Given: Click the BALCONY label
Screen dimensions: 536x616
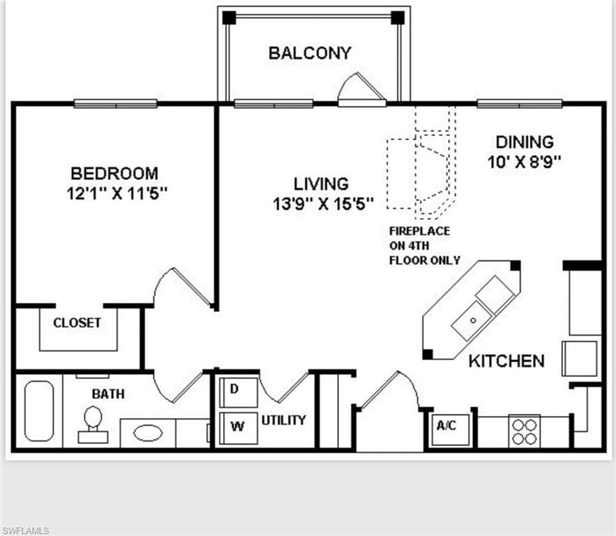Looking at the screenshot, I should [x=310, y=53].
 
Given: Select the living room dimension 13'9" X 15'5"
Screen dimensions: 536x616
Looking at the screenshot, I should [x=322, y=204].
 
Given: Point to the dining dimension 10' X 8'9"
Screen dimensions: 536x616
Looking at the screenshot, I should [x=524, y=162].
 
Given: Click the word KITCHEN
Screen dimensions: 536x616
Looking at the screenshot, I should [x=506, y=361].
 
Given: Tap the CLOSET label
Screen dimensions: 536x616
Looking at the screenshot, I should [x=77, y=323].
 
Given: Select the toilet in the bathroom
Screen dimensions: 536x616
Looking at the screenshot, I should [x=93, y=424].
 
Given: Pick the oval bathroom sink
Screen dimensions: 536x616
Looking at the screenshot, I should [x=148, y=433].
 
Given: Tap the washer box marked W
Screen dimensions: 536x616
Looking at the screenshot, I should [x=237, y=427].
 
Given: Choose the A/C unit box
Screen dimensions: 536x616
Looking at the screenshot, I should [x=446, y=426].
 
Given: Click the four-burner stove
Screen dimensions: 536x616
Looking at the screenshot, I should [x=524, y=431].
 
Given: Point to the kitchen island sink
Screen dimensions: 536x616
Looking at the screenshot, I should [x=472, y=320].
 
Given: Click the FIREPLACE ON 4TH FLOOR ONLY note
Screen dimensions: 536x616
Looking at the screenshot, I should [x=424, y=246].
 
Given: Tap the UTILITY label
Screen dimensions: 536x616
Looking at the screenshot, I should [x=284, y=420].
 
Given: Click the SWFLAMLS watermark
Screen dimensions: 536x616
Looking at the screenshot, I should [x=26, y=530].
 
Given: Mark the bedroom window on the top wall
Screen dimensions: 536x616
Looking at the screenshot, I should [x=116, y=104].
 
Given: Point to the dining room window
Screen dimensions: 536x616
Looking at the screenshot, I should [x=520, y=104].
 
